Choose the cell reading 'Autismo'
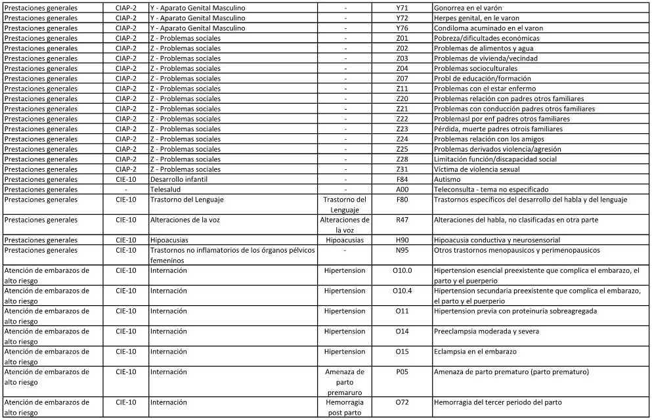click(447, 178)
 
